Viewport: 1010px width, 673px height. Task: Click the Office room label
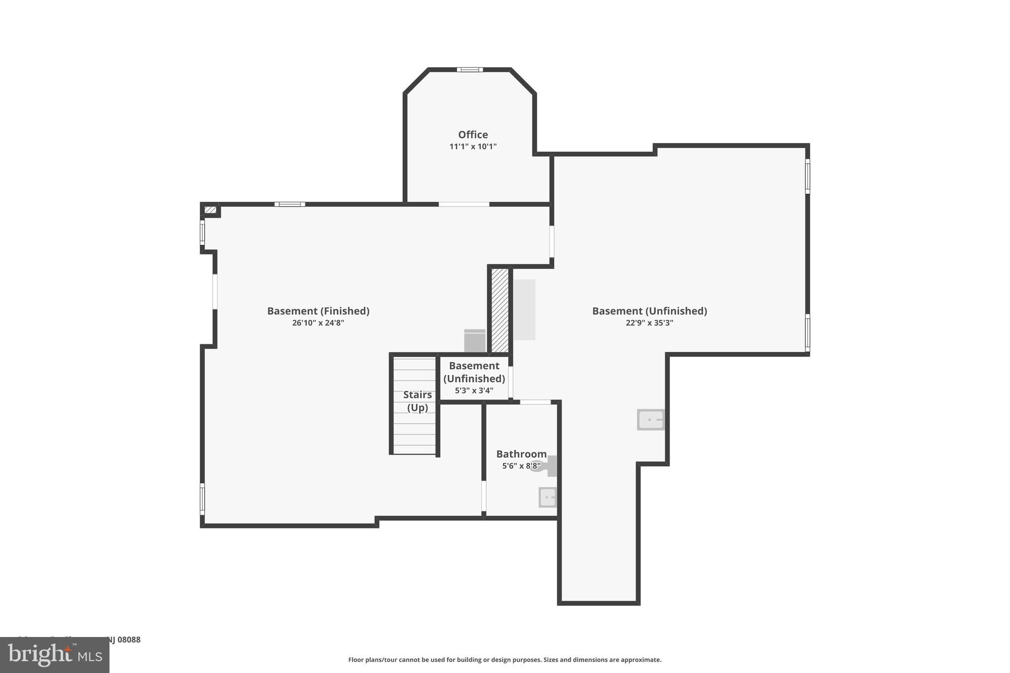tap(472, 135)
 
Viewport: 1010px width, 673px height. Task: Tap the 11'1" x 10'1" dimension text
tap(472, 146)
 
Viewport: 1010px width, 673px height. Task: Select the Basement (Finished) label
tap(318, 311)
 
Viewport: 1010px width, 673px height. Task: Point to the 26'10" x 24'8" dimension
tap(318, 323)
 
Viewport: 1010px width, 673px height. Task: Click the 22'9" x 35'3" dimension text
tap(649, 323)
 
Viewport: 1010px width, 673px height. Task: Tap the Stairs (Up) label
tap(417, 401)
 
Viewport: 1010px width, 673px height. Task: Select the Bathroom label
tap(521, 454)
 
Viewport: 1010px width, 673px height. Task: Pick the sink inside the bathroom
tap(547, 497)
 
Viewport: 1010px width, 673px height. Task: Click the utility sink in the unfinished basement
tap(650, 420)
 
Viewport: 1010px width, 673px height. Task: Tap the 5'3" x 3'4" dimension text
tap(474, 390)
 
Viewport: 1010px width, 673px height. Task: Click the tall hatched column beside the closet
tap(500, 310)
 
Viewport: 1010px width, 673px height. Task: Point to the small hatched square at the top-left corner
tap(210, 210)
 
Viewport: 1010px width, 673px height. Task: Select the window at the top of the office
tap(469, 70)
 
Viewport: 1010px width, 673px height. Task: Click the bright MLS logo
tap(54, 655)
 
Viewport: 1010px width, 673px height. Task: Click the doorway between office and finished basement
tap(464, 204)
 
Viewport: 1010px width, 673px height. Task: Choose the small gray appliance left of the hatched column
tap(474, 341)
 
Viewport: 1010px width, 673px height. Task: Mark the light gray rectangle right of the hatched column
tap(524, 310)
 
